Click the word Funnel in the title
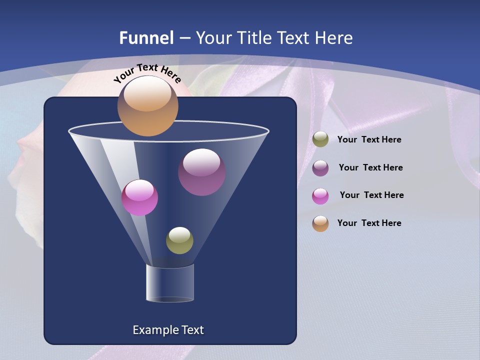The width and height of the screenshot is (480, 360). (x=146, y=38)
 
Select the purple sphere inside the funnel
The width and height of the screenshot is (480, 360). (x=201, y=172)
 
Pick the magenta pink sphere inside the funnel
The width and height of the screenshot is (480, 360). (x=139, y=197)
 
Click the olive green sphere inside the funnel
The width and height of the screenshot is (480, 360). (x=179, y=240)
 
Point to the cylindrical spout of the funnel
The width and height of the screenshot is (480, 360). (x=170, y=283)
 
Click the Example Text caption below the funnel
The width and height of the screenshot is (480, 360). (x=168, y=330)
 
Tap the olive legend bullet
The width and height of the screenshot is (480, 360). (x=320, y=139)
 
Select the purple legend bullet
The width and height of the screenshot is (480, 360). (x=320, y=167)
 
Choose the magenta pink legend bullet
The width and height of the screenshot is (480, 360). (x=320, y=195)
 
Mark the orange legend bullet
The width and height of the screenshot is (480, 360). (x=320, y=223)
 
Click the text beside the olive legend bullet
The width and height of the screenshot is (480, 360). (x=369, y=140)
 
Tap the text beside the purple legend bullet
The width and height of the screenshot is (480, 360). (x=370, y=167)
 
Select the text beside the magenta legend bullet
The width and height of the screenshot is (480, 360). (x=371, y=195)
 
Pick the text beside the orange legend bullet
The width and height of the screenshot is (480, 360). (x=369, y=223)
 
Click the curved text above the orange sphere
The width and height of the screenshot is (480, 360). (x=147, y=72)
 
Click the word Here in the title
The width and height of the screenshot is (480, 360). (x=334, y=38)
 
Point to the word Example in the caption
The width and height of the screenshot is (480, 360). (x=154, y=330)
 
